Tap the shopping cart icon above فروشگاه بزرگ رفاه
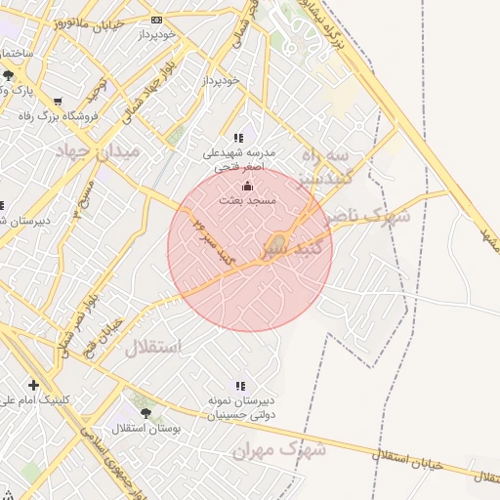59,102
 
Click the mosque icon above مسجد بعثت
246,187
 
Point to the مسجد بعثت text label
249,200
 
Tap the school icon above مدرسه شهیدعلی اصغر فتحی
239,139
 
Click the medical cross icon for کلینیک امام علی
34,385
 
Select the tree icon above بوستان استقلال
146,414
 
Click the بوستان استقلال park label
146,429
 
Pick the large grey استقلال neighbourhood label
153,348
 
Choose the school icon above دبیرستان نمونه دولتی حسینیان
240,386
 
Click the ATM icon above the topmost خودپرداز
157,20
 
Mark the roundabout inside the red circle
278,242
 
